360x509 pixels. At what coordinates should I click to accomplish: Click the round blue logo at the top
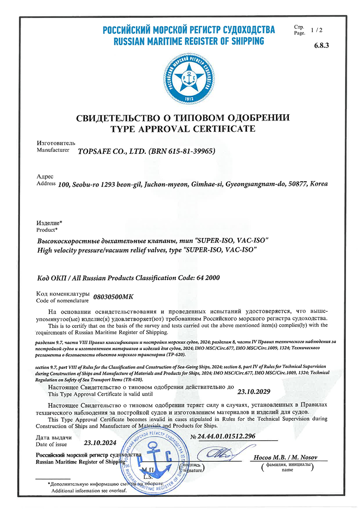pos(189,78)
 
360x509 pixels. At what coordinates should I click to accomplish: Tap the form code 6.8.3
pos(320,45)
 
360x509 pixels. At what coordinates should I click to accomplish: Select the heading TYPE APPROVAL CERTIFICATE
pos(183,129)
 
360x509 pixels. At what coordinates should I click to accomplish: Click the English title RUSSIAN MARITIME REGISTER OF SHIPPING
pos(189,41)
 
